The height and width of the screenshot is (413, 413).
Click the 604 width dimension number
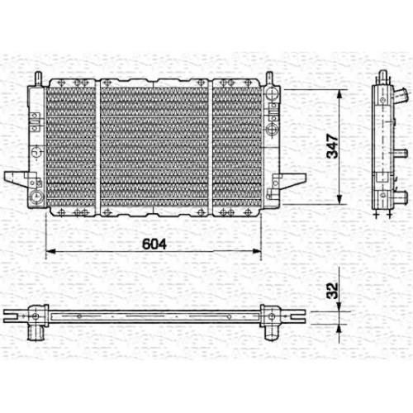click(x=154, y=244)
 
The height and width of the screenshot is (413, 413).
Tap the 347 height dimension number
click(x=332, y=146)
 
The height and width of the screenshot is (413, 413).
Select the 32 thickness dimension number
click(x=332, y=291)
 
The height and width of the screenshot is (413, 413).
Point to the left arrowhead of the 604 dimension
click(x=50, y=251)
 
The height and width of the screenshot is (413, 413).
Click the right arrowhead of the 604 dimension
click(x=256, y=251)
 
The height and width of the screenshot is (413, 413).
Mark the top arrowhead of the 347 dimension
click(x=339, y=94)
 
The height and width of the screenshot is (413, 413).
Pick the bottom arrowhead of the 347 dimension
click(x=339, y=200)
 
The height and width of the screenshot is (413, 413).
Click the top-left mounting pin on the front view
click(x=38, y=78)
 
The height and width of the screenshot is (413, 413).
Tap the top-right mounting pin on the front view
click(x=269, y=78)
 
